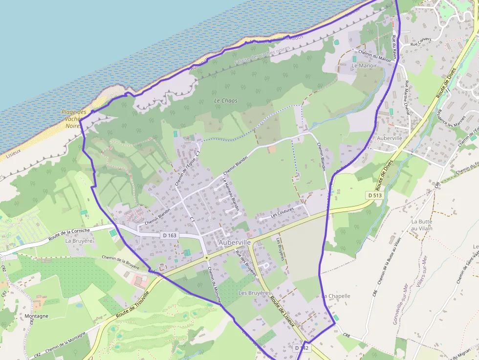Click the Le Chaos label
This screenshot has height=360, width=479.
tap(226, 101)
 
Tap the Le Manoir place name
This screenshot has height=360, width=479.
tap(364, 65)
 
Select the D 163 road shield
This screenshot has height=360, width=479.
tap(170, 235)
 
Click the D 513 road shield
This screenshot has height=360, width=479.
tap(375, 195)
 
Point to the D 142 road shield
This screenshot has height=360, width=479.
tap(302, 348)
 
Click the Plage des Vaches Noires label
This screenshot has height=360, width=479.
tap(73, 119)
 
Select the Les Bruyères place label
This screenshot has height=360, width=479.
tap(254, 293)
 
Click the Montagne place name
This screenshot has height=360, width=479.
tap(36, 316)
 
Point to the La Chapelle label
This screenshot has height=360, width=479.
tap(336, 296)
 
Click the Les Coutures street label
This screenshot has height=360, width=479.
tap(282, 213)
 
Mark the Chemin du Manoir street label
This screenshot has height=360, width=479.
tap(375, 56)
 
